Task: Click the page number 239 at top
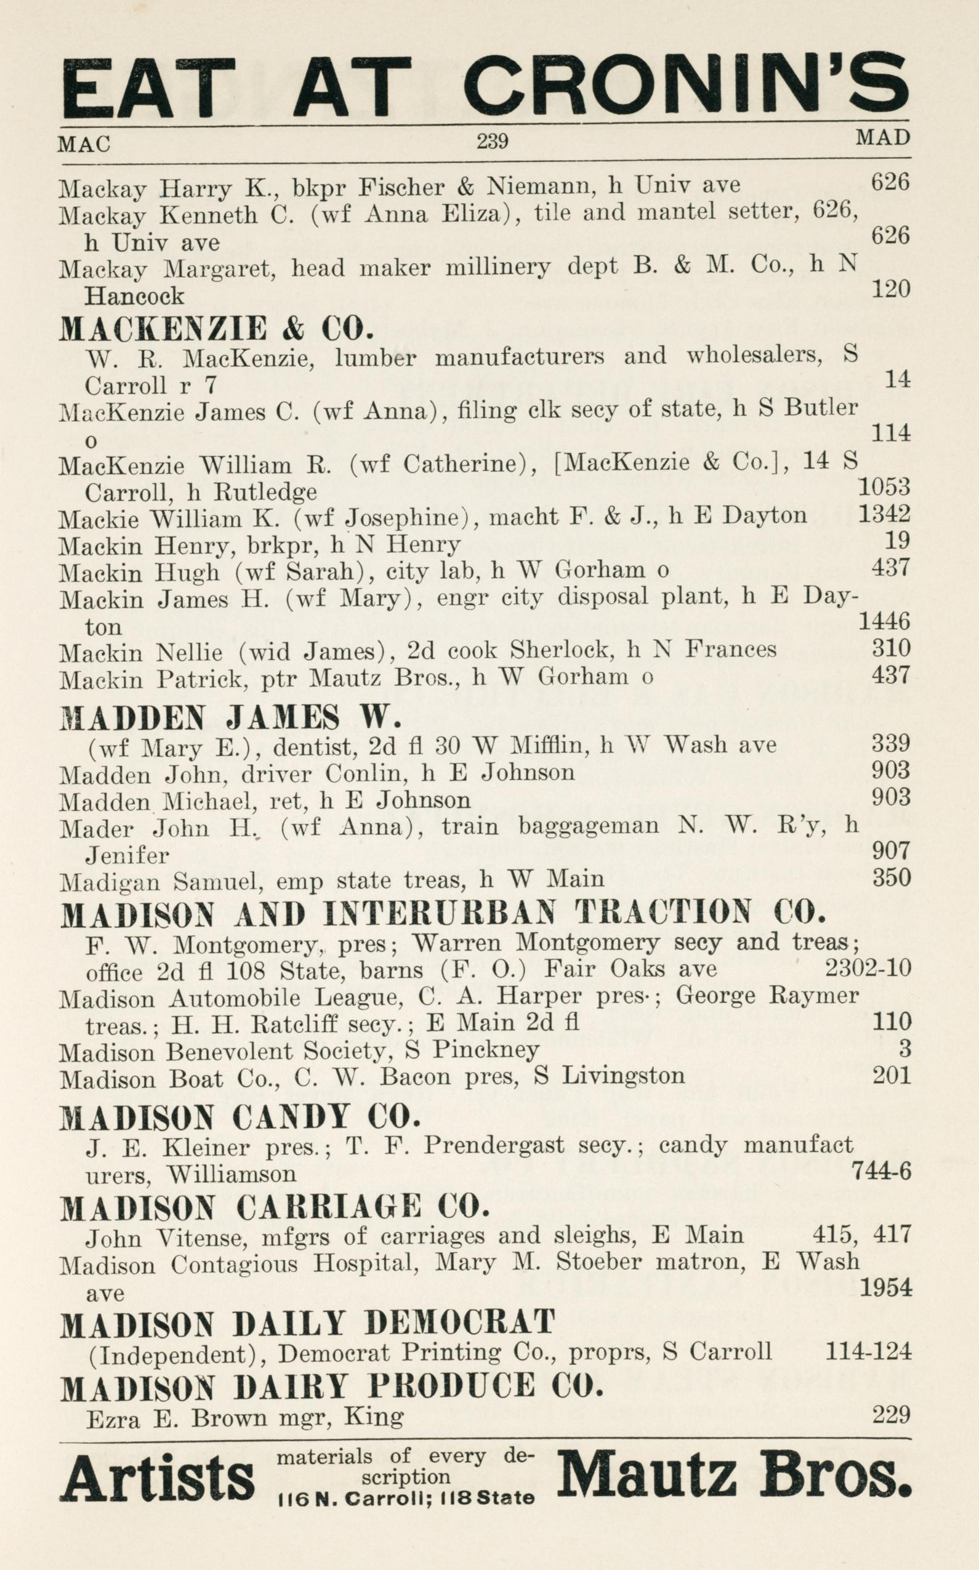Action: point(492,140)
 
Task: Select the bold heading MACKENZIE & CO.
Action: point(217,328)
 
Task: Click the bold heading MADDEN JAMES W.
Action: point(230,717)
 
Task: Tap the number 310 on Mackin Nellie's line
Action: point(891,648)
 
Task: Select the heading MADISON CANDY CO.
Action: point(240,1116)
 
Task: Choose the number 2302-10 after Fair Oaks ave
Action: point(868,968)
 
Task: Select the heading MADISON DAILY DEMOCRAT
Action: point(308,1321)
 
